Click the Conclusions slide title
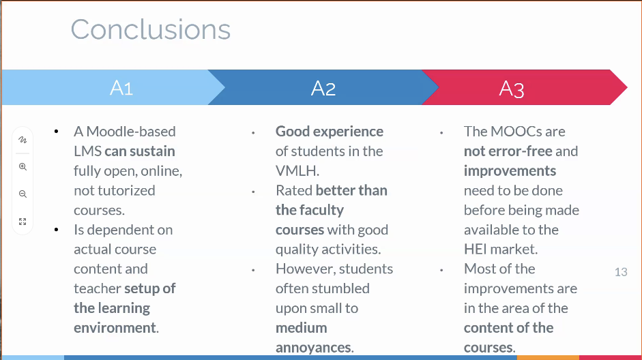pos(151,29)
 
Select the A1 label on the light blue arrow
pos(121,88)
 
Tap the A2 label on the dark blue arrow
pos(323,88)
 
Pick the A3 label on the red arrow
pos(512,89)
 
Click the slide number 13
pos(621,272)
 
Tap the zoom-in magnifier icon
pos(23,166)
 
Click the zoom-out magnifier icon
pos(23,194)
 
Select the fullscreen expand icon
pos(23,222)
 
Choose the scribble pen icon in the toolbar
pos(23,140)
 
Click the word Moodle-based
pos(131,132)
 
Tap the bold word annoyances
pos(314,347)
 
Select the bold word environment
pos(115,328)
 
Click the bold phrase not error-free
pos(508,151)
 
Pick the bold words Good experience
pos(330,132)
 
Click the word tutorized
pos(126,190)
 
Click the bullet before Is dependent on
pos(56,230)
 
